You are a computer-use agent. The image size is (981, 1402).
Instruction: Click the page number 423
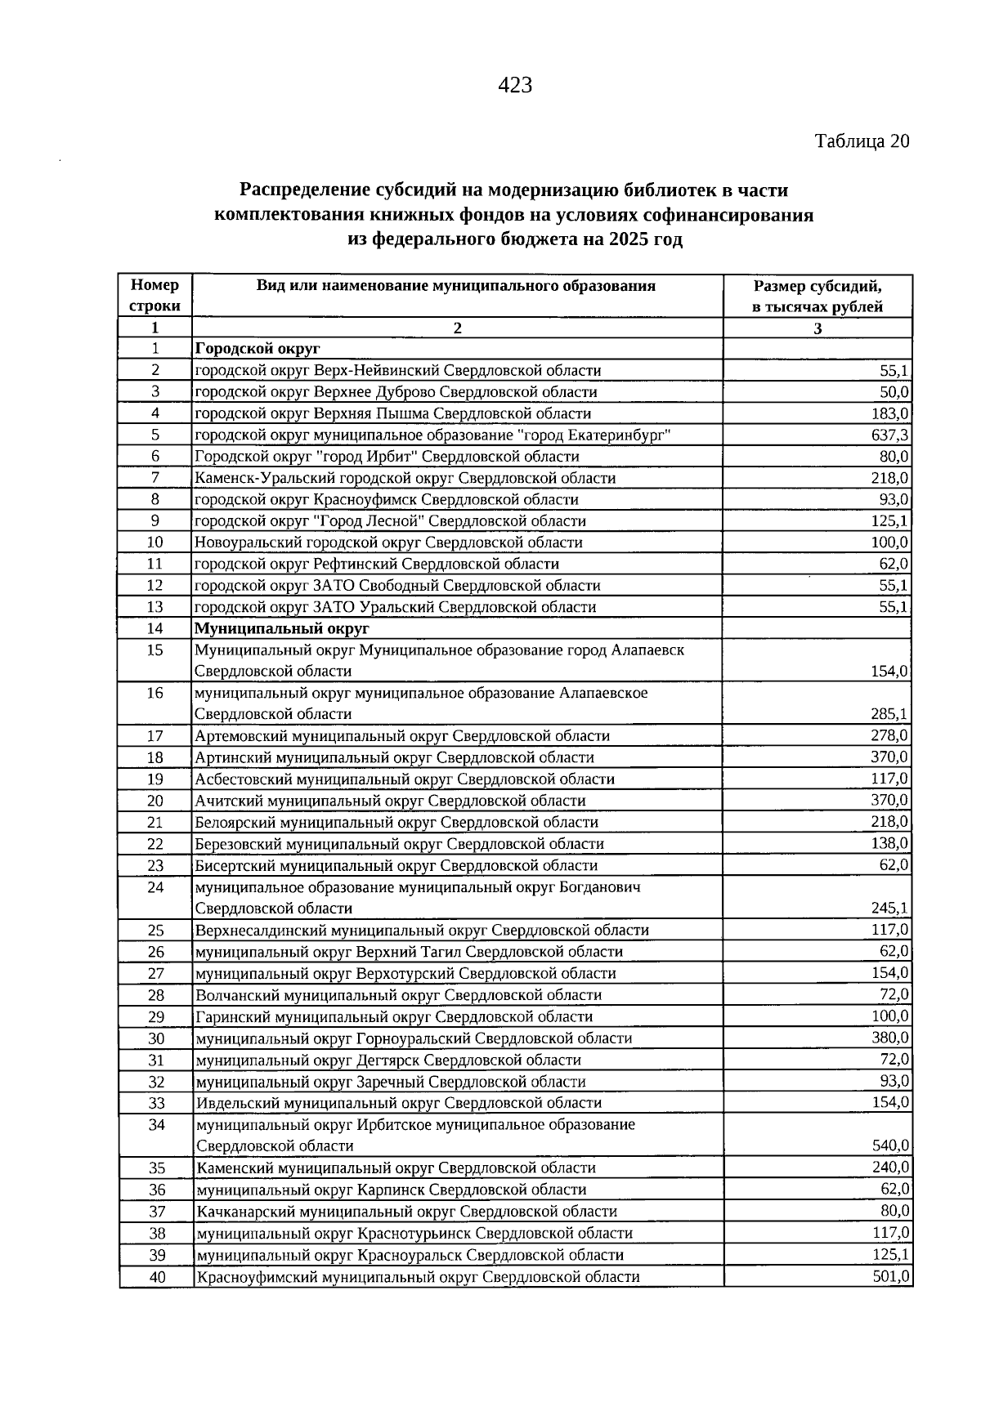515,85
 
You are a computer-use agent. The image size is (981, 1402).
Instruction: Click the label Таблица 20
862,141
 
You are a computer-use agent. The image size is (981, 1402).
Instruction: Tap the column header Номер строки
155,296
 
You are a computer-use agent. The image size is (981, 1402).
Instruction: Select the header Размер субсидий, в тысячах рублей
817,296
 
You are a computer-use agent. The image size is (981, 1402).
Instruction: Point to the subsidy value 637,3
890,435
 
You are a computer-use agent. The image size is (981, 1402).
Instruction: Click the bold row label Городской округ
257,349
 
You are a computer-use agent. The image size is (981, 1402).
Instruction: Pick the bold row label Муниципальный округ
281,628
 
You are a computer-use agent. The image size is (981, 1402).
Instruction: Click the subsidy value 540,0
891,1145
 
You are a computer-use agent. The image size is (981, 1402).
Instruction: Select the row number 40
156,1276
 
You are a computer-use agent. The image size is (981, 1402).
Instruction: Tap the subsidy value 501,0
891,1275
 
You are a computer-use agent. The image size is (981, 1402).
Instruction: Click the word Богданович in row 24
601,887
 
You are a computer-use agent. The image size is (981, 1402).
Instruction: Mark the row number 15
155,650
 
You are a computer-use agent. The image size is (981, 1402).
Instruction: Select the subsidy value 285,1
890,714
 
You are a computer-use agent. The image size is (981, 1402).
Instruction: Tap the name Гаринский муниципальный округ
312,1017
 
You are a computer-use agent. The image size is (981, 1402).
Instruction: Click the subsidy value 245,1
890,909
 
